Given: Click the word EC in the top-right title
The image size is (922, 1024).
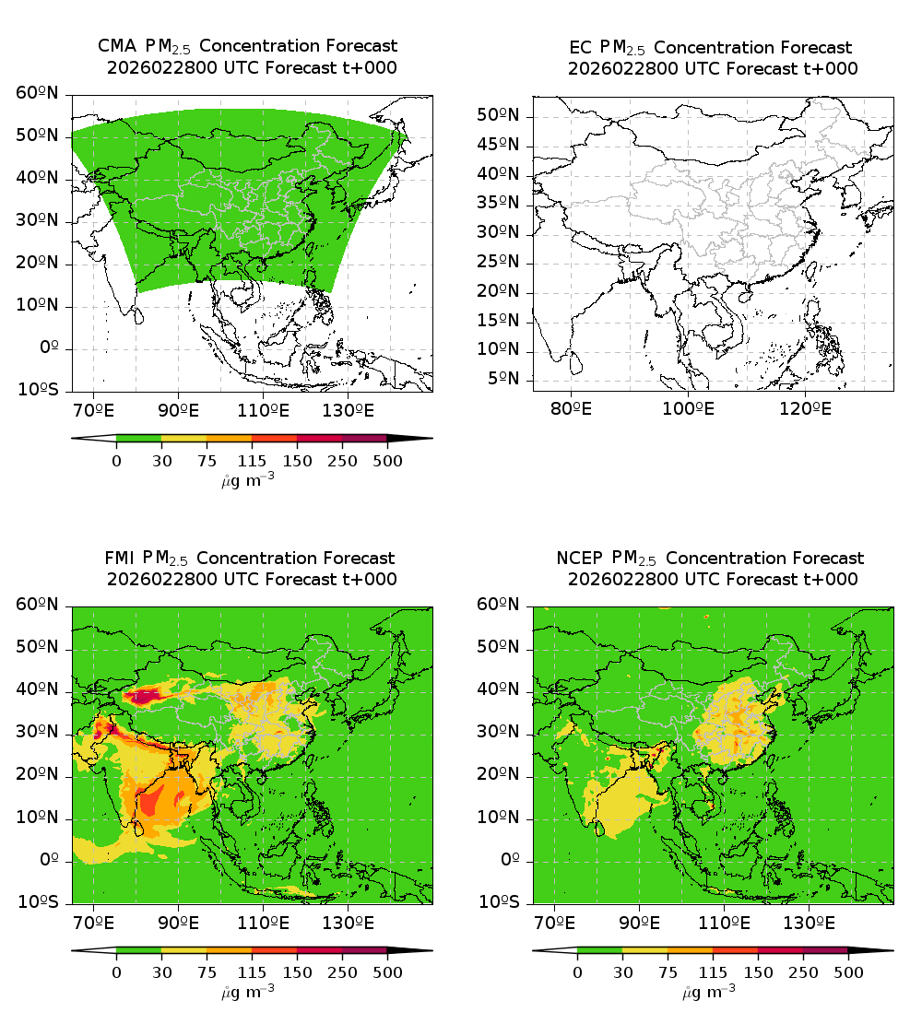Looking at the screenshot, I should (581, 47).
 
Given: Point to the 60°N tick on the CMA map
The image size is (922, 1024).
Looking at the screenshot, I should (39, 93).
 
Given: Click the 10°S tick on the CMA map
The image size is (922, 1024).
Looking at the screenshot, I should (39, 391).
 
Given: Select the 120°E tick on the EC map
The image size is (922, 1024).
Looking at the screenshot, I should (805, 408).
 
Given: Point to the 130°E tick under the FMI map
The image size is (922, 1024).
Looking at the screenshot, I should (348, 921).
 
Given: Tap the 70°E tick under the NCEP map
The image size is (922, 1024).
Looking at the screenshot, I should (555, 921).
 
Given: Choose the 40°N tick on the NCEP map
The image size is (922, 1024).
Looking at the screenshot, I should (501, 690).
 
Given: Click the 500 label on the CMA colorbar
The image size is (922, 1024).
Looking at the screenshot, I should (387, 461).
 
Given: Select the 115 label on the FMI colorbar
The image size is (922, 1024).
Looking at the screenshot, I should (252, 971).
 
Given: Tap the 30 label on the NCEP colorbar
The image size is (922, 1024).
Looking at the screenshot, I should (622, 971).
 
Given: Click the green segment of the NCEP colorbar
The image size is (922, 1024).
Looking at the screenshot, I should (600, 949).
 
